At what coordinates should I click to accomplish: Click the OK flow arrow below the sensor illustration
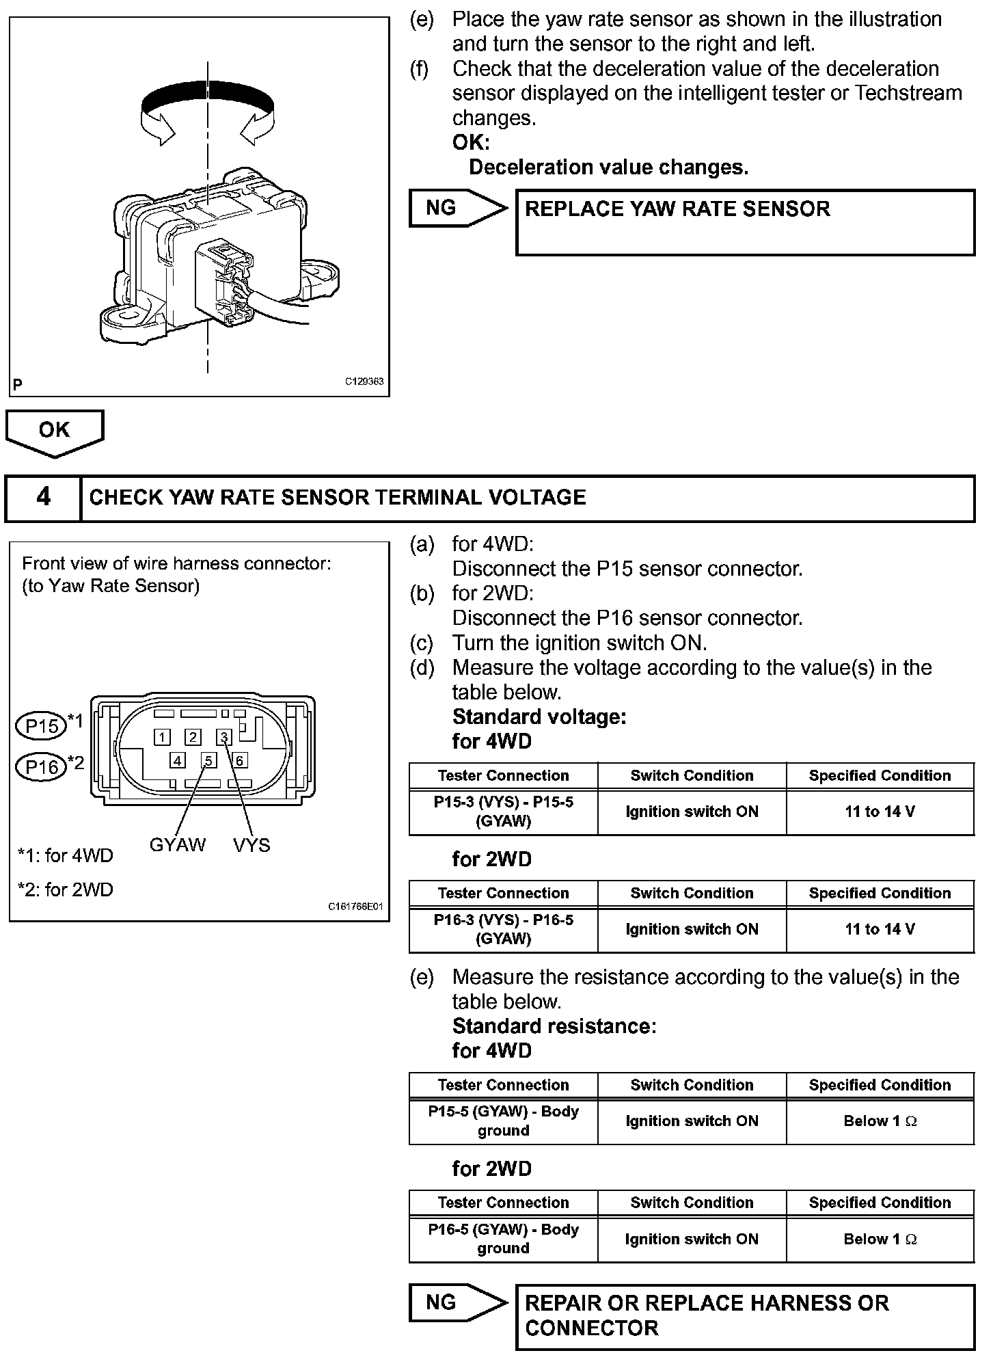click(55, 432)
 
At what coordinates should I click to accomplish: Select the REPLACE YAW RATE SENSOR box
click(745, 222)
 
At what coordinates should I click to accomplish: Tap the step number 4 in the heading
click(43, 497)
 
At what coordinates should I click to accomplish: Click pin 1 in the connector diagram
click(162, 737)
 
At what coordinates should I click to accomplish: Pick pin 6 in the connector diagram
click(239, 760)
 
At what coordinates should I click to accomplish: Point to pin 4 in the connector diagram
click(178, 760)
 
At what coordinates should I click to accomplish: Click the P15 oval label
click(41, 726)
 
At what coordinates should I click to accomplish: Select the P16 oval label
click(41, 767)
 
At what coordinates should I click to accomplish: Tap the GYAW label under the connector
click(178, 845)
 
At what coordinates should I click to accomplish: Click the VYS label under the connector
click(251, 845)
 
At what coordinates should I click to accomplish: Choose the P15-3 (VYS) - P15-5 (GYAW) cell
click(504, 812)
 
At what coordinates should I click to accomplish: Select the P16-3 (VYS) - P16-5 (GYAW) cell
click(504, 930)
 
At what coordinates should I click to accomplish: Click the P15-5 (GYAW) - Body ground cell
click(504, 1121)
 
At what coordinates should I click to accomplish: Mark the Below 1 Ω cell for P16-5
click(880, 1239)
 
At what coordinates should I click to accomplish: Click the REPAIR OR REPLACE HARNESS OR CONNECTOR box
click(745, 1317)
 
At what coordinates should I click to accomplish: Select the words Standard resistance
click(554, 1026)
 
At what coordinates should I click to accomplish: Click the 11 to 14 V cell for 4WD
click(880, 812)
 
